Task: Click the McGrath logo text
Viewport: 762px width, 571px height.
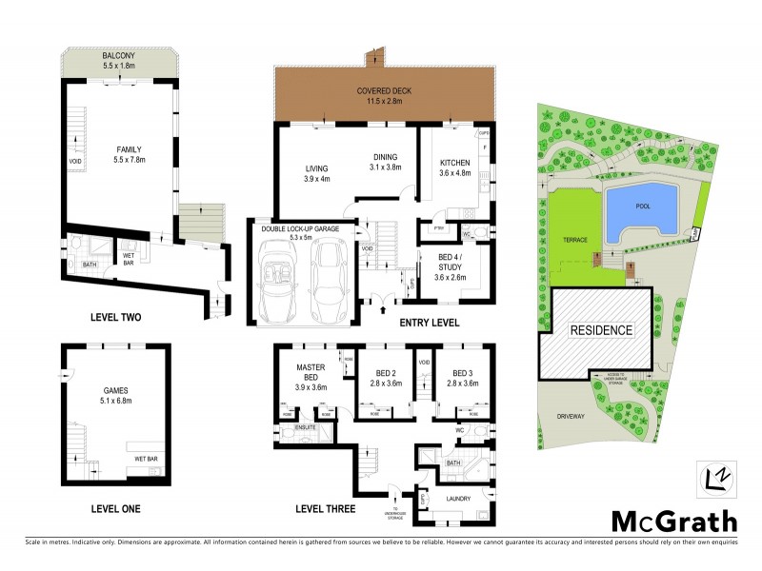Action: pyautogui.click(x=673, y=521)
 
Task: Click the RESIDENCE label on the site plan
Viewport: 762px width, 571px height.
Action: pyautogui.click(x=601, y=330)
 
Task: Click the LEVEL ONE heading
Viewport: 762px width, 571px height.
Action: pyautogui.click(x=114, y=509)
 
